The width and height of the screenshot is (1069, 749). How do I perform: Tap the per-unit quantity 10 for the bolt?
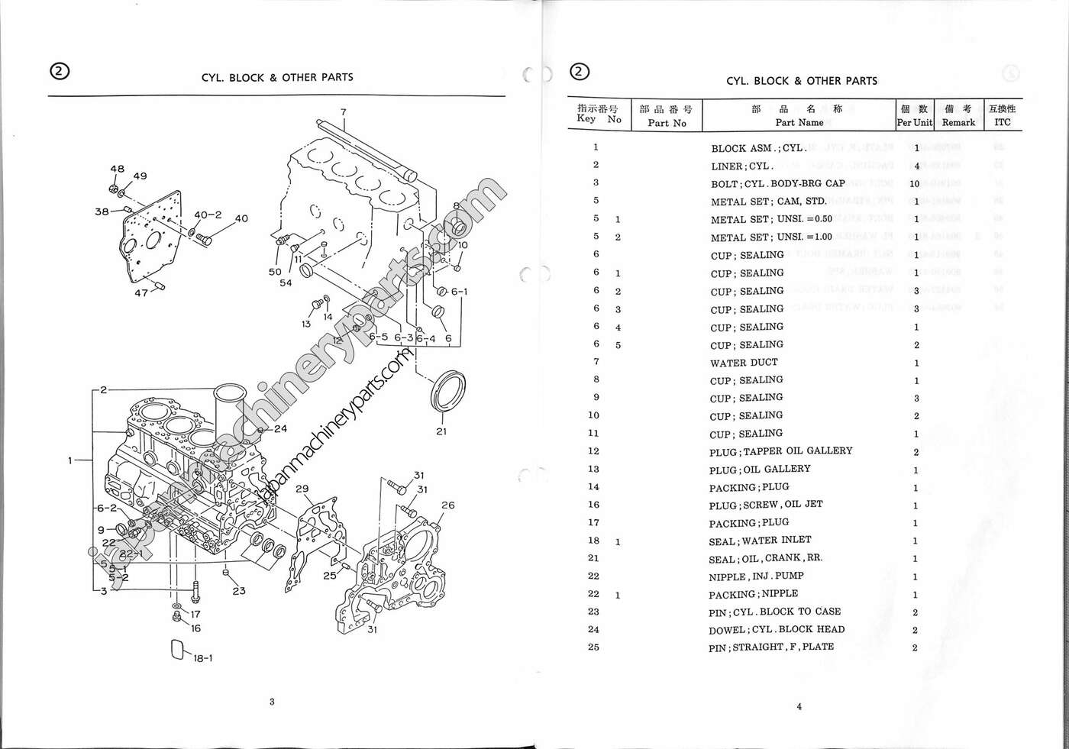coord(914,184)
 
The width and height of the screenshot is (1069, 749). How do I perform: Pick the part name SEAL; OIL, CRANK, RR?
coord(765,558)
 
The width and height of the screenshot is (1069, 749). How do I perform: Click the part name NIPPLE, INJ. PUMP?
coord(755,576)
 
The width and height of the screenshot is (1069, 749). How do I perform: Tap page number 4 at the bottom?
coord(799,706)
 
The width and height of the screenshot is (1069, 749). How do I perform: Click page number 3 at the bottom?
coord(272,702)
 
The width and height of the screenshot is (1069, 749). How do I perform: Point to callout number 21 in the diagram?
coord(441,431)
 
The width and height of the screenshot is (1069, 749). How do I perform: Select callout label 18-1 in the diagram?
coord(202,658)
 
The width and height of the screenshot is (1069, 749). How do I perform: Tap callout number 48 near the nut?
coord(117,169)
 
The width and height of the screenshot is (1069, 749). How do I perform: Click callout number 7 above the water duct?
coord(344,112)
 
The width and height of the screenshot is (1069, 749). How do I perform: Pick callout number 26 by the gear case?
coord(447,505)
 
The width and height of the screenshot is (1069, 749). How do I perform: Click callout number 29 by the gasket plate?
coord(302,489)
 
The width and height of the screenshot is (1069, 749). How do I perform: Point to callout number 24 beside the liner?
coord(280,428)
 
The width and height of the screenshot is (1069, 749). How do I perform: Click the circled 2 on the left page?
coord(60,71)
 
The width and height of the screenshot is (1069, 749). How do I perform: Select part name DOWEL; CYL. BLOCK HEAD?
coord(776,630)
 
